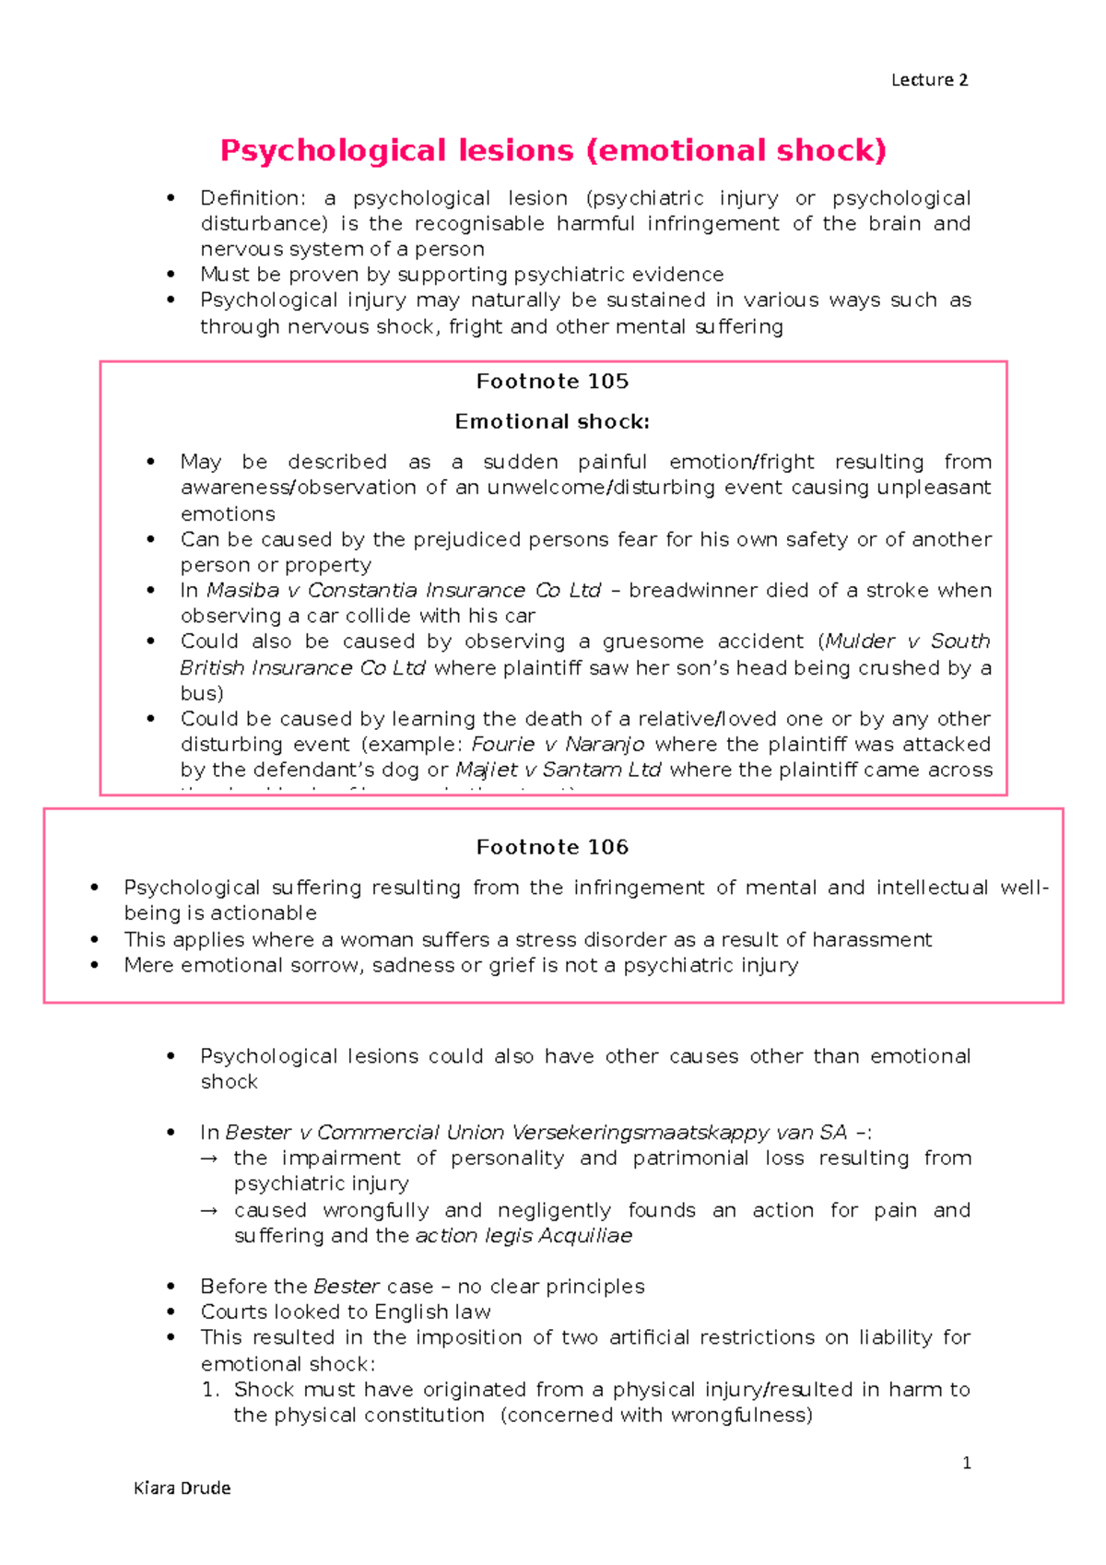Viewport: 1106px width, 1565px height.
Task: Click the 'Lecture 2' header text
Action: [929, 80]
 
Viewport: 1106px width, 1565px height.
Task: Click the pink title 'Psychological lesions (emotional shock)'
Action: [553, 150]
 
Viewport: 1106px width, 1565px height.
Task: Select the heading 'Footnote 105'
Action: [552, 382]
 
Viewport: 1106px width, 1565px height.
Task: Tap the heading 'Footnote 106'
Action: [552, 847]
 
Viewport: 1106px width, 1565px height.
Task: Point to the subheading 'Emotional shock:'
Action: [552, 422]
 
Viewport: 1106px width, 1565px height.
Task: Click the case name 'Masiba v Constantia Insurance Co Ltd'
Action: [404, 591]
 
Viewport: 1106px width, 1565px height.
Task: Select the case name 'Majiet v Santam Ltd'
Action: [558, 771]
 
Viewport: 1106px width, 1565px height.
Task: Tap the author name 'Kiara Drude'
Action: [182, 1488]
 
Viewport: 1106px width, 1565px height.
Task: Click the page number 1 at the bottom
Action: [966, 1463]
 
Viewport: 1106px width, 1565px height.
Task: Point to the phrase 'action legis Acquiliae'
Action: [524, 1236]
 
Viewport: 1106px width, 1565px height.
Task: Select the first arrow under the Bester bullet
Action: [209, 1159]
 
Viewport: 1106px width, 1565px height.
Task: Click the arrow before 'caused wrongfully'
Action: [209, 1210]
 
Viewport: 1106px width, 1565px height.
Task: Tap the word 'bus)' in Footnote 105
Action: [202, 693]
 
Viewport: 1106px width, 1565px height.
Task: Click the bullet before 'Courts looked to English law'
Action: [171, 1312]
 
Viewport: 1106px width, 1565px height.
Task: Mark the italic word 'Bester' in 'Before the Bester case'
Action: [347, 1287]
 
